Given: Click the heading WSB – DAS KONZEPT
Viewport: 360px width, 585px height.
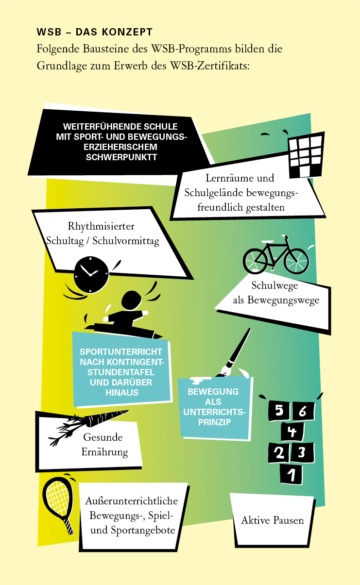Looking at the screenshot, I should [x=95, y=33].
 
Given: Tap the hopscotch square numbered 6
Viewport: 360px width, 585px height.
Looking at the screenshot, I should [x=302, y=411].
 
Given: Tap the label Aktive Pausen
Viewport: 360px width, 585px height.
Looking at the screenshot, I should [x=272, y=520].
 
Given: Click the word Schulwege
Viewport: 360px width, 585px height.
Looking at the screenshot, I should [x=274, y=285].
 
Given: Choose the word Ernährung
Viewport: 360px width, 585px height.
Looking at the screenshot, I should [x=104, y=452].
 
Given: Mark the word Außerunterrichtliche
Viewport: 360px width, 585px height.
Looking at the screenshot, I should [x=132, y=501].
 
